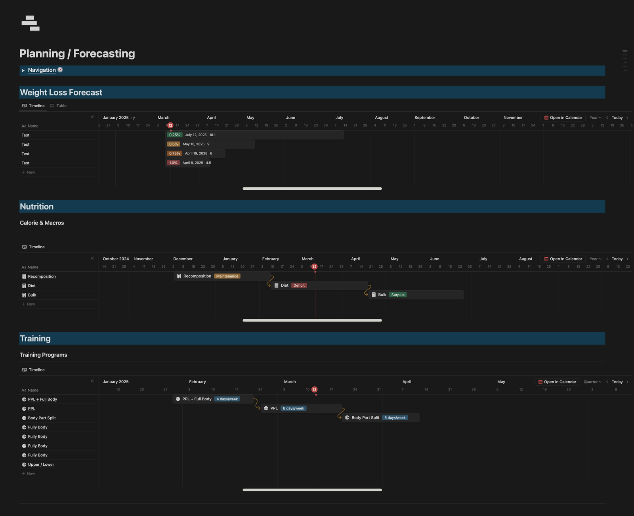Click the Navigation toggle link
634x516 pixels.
tap(42, 70)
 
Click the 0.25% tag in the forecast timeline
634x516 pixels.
tap(174, 135)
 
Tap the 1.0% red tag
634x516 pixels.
tap(173, 163)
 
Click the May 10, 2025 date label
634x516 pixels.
tap(194, 144)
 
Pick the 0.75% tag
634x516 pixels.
tap(174, 154)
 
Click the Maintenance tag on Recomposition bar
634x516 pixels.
tap(227, 276)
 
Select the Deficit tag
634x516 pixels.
tap(299, 286)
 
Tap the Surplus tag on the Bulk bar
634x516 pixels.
tap(398, 295)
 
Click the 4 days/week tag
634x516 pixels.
tap(227, 399)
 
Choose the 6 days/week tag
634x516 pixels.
tap(293, 409)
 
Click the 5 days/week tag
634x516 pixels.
tap(395, 418)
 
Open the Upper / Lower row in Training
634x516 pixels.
tap(41, 465)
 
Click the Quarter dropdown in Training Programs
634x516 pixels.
tap(592, 382)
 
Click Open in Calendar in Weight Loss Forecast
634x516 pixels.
tap(563, 118)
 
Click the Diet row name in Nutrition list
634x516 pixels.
tap(32, 286)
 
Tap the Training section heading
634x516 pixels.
tap(35, 339)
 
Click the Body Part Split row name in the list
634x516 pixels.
tap(42, 418)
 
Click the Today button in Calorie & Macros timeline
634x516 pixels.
tap(617, 259)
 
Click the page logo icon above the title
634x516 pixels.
tap(31, 23)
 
